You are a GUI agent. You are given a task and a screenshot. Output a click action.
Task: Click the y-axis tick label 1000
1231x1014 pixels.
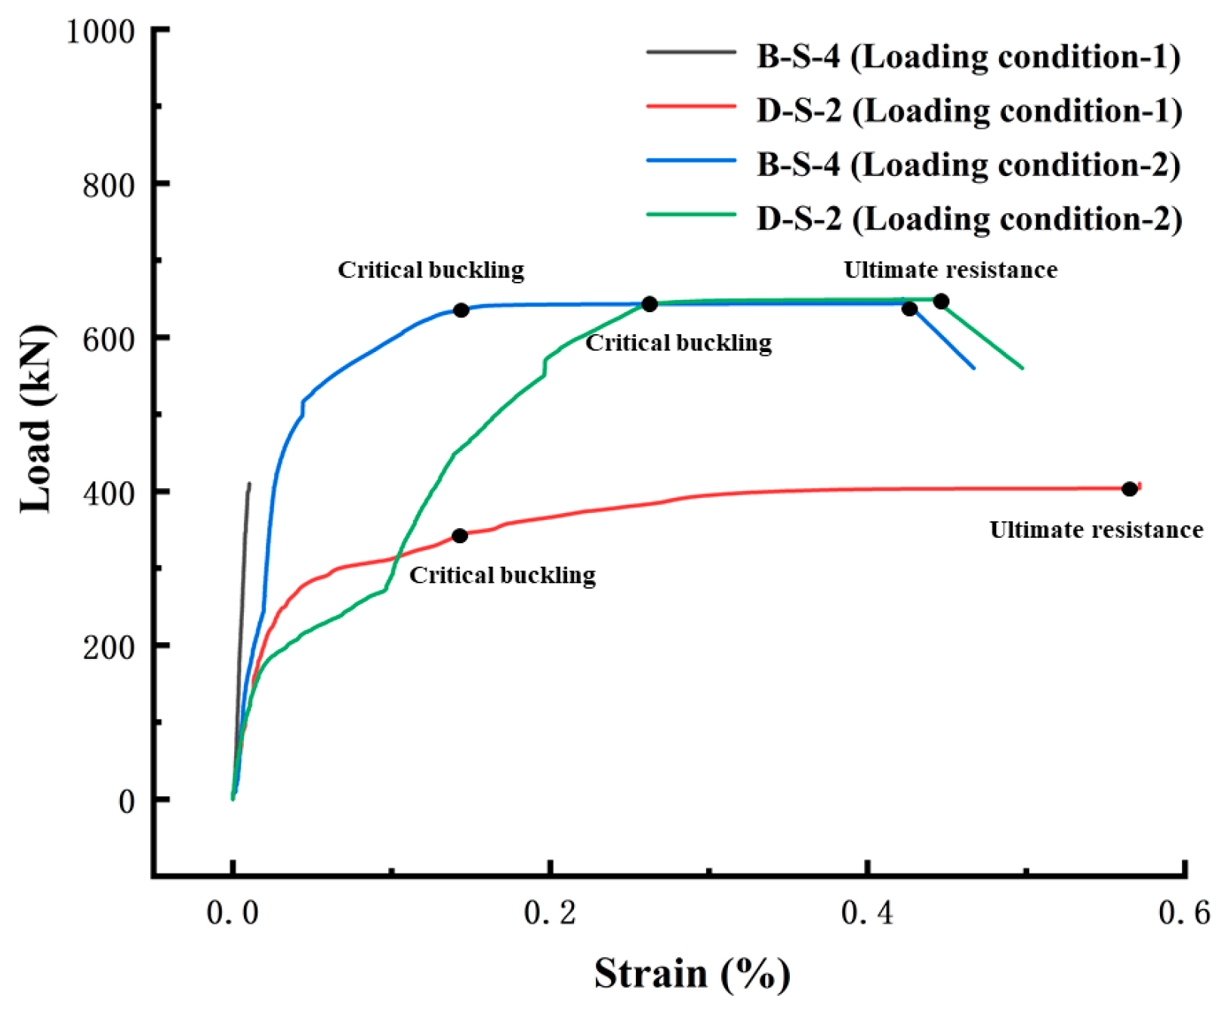(100, 32)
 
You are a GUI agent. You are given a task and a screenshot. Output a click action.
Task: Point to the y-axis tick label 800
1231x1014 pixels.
(108, 185)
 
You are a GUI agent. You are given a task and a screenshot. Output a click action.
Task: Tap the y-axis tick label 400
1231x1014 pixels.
(108, 493)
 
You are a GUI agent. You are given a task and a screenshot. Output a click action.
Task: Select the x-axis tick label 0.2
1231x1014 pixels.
(550, 913)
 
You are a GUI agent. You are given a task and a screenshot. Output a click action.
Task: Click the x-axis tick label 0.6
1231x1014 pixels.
(1184, 913)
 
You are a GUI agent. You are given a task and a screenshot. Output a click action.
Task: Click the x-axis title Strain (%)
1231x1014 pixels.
(692, 974)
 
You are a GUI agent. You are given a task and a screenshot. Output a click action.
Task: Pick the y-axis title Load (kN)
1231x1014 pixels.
(37, 420)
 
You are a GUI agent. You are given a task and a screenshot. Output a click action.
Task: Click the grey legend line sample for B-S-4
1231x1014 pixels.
(690, 53)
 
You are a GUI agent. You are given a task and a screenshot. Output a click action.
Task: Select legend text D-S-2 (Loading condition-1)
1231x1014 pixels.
(969, 111)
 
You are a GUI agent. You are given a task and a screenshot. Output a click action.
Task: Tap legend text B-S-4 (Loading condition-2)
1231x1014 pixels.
(969, 165)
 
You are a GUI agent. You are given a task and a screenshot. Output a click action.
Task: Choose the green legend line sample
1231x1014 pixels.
(690, 215)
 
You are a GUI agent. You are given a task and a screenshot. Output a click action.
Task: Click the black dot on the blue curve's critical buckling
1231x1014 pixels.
(461, 311)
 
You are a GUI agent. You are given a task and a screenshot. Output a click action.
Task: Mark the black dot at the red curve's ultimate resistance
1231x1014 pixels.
(1129, 489)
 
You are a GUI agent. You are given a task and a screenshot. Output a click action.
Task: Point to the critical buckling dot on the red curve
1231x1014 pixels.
(459, 536)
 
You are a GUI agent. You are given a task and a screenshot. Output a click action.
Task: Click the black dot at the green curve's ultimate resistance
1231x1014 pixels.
(940, 301)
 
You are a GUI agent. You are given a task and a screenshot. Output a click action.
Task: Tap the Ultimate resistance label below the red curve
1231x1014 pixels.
(1096, 530)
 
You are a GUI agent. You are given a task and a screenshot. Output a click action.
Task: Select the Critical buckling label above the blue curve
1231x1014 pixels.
(430, 270)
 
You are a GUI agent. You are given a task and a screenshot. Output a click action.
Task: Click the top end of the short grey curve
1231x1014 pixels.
(249, 484)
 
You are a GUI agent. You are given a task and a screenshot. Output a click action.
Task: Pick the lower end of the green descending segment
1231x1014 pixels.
(1023, 368)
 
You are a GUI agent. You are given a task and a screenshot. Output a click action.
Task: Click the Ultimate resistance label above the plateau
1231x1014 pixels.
(950, 270)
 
